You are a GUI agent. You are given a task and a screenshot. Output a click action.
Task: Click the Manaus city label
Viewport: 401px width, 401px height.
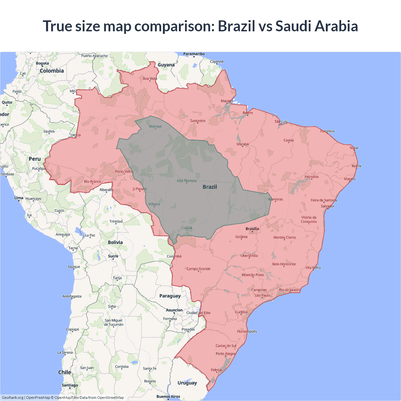(x=155, y=126)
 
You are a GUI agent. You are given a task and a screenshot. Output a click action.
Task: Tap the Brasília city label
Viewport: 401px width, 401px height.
(x=252, y=229)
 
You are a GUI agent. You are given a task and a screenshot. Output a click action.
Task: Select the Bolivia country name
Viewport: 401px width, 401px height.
(x=115, y=242)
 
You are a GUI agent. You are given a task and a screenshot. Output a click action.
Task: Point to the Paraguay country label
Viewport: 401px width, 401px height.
(x=170, y=296)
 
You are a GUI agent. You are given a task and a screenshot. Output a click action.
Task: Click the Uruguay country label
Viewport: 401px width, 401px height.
(x=187, y=383)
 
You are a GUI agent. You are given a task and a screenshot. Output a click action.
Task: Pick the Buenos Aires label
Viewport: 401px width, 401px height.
(x=168, y=397)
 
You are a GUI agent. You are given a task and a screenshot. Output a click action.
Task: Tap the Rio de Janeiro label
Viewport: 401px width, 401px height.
(x=289, y=290)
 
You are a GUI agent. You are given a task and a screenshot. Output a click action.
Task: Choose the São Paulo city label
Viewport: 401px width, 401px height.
(x=262, y=295)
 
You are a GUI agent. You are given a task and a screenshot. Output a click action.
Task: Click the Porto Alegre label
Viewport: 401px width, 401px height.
(x=225, y=354)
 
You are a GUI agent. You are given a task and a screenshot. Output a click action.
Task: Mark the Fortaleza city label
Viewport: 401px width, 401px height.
(x=327, y=131)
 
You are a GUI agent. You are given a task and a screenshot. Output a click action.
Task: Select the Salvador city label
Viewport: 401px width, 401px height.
(x=328, y=206)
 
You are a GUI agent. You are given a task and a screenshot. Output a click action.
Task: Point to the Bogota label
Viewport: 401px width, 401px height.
(x=42, y=63)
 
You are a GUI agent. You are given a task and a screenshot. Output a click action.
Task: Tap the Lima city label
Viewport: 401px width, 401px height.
(x=19, y=198)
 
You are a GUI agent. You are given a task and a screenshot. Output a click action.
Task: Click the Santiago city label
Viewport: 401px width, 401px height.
(x=70, y=385)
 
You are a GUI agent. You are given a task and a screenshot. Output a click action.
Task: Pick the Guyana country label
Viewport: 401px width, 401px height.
(x=166, y=65)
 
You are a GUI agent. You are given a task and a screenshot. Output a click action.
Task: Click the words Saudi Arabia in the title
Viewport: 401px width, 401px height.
(x=316, y=26)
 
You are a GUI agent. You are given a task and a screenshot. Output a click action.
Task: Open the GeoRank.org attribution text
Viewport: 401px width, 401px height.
(x=13, y=398)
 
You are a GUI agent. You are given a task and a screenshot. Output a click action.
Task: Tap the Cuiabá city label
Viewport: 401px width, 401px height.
(x=186, y=228)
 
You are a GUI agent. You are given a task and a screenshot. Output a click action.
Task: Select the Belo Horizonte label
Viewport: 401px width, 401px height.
(x=284, y=264)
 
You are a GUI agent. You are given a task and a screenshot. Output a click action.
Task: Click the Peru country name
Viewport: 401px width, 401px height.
(x=35, y=159)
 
